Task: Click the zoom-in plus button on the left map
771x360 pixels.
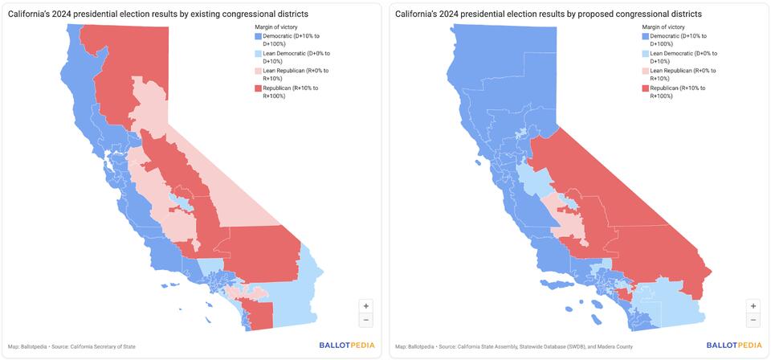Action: pyautogui.click(x=366, y=306)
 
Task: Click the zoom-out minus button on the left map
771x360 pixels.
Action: pyautogui.click(x=366, y=320)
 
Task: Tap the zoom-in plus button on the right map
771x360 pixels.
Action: pyautogui.click(x=753, y=306)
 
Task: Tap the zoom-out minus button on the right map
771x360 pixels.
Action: pyautogui.click(x=753, y=320)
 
